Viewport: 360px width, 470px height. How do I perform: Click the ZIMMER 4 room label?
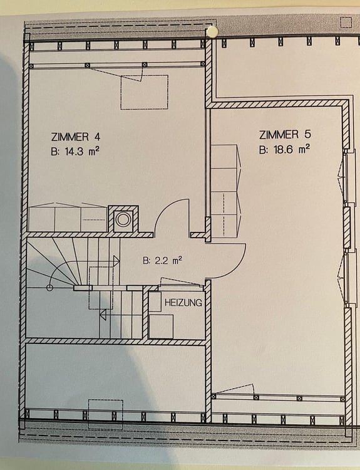coord(76,137)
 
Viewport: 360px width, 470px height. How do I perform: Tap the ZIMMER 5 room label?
coord(285,135)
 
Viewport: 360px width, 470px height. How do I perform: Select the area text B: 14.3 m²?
coord(75,152)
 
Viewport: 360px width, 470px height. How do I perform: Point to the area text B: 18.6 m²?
coord(284,149)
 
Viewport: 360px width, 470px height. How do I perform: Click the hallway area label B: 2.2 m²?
coord(163,261)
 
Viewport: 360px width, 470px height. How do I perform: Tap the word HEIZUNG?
coord(183,303)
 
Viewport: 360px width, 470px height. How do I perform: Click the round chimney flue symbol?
coord(122,219)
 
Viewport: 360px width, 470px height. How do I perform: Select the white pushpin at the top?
coord(213,31)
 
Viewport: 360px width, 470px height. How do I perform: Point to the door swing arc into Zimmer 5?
coord(238,267)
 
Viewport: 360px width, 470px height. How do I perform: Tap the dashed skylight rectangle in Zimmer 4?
coord(145,92)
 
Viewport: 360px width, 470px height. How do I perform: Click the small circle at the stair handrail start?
coord(49,288)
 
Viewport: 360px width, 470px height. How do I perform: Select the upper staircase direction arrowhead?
coord(116,261)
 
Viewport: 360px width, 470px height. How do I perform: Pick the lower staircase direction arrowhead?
coord(103,315)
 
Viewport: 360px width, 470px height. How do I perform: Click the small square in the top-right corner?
coord(346,23)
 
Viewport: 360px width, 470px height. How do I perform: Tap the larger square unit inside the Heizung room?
coord(161,326)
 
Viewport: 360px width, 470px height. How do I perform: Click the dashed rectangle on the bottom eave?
coord(105,415)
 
